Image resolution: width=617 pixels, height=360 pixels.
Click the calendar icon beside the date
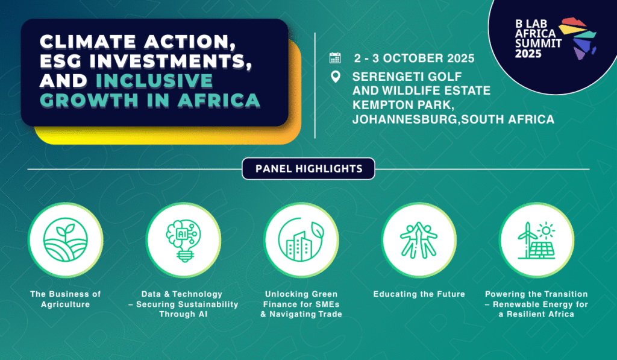[335, 58]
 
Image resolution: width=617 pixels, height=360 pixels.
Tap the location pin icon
[336, 77]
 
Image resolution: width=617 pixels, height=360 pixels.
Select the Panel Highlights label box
[308, 169]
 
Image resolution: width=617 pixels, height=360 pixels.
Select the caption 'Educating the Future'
[419, 294]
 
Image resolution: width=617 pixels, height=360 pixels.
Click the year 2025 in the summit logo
[528, 53]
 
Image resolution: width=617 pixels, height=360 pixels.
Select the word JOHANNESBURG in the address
[404, 119]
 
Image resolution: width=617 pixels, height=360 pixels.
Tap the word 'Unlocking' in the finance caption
[283, 294]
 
